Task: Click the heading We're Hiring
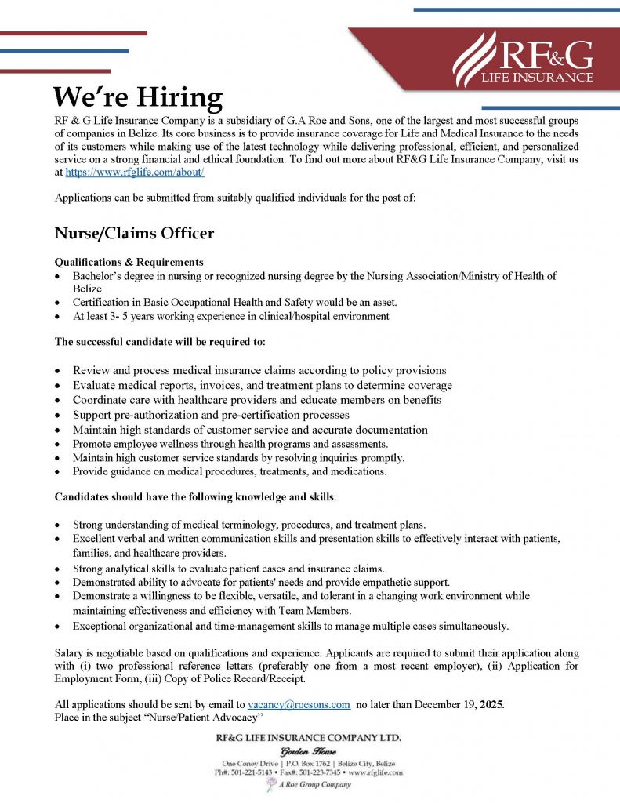tap(138, 97)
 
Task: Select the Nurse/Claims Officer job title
tap(134, 234)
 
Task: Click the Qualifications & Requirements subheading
tap(129, 262)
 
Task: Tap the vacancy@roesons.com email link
tap(299, 705)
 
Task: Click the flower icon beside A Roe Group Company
tap(271, 784)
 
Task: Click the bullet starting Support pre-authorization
tap(211, 415)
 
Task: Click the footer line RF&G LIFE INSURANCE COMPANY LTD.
tap(309, 739)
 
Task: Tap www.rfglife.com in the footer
tap(375, 772)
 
